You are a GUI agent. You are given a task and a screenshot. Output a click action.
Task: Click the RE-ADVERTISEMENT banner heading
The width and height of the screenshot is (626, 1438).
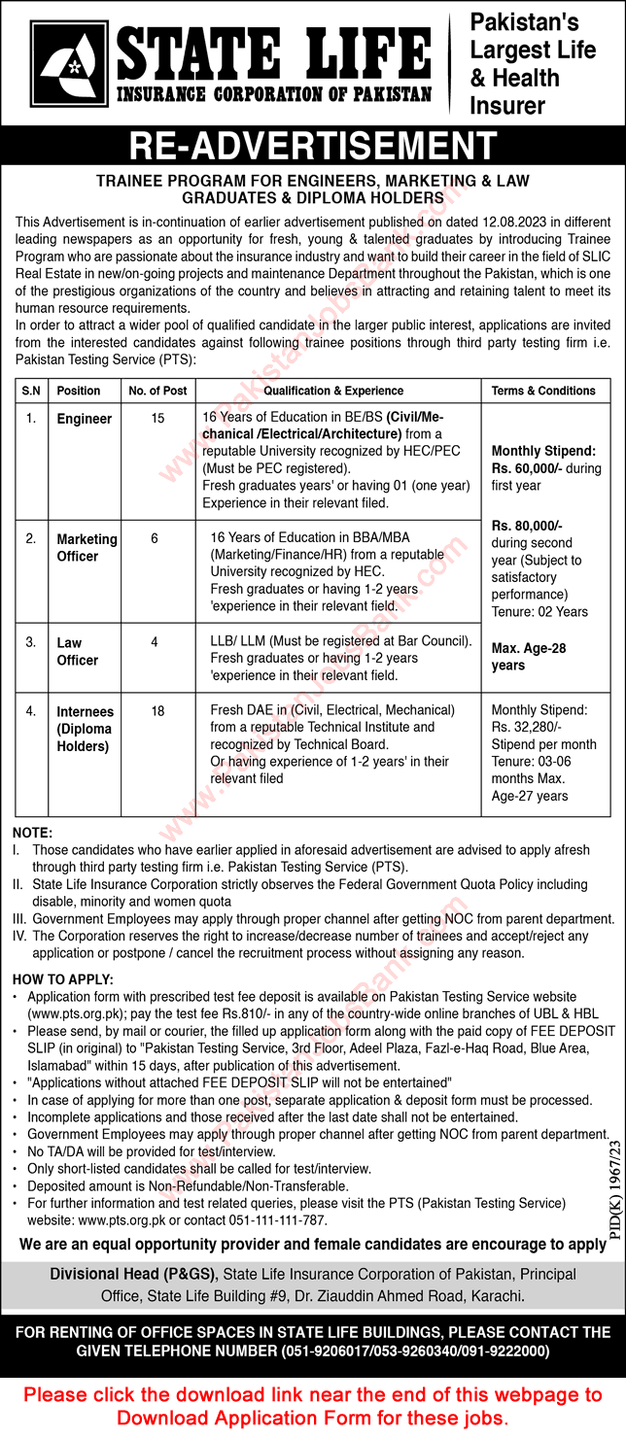pos(313,145)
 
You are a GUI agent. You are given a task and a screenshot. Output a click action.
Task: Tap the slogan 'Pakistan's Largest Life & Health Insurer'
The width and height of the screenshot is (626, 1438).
pos(533,63)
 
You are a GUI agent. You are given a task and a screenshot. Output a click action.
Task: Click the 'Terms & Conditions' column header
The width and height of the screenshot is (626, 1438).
pos(543,391)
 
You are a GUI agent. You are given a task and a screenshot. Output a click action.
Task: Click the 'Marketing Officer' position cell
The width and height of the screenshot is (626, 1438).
pos(87,548)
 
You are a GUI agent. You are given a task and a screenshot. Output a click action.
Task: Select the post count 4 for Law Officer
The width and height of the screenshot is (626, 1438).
pos(156,642)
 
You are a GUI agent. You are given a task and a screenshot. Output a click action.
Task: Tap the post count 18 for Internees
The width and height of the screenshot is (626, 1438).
pos(156,711)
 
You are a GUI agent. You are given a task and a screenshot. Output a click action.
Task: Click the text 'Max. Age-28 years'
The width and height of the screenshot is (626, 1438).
pos(529,657)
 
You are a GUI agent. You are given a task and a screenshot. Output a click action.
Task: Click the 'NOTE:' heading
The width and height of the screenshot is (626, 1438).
pos(33,833)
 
